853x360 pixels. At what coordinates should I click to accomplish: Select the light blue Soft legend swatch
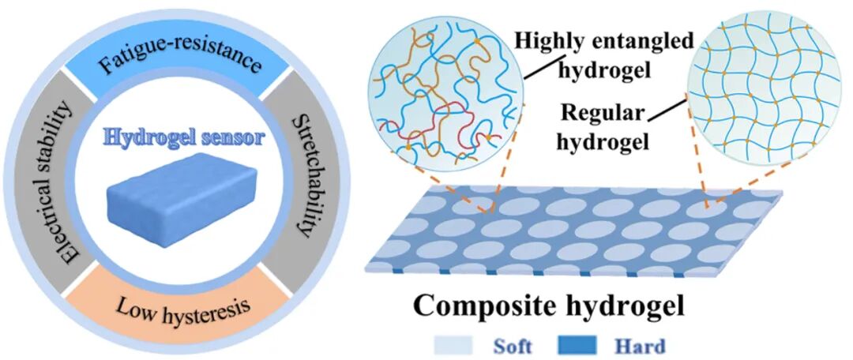coord(453,345)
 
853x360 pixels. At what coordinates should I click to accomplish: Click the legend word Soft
coord(513,346)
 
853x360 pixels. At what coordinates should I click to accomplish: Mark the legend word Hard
coord(640,346)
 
